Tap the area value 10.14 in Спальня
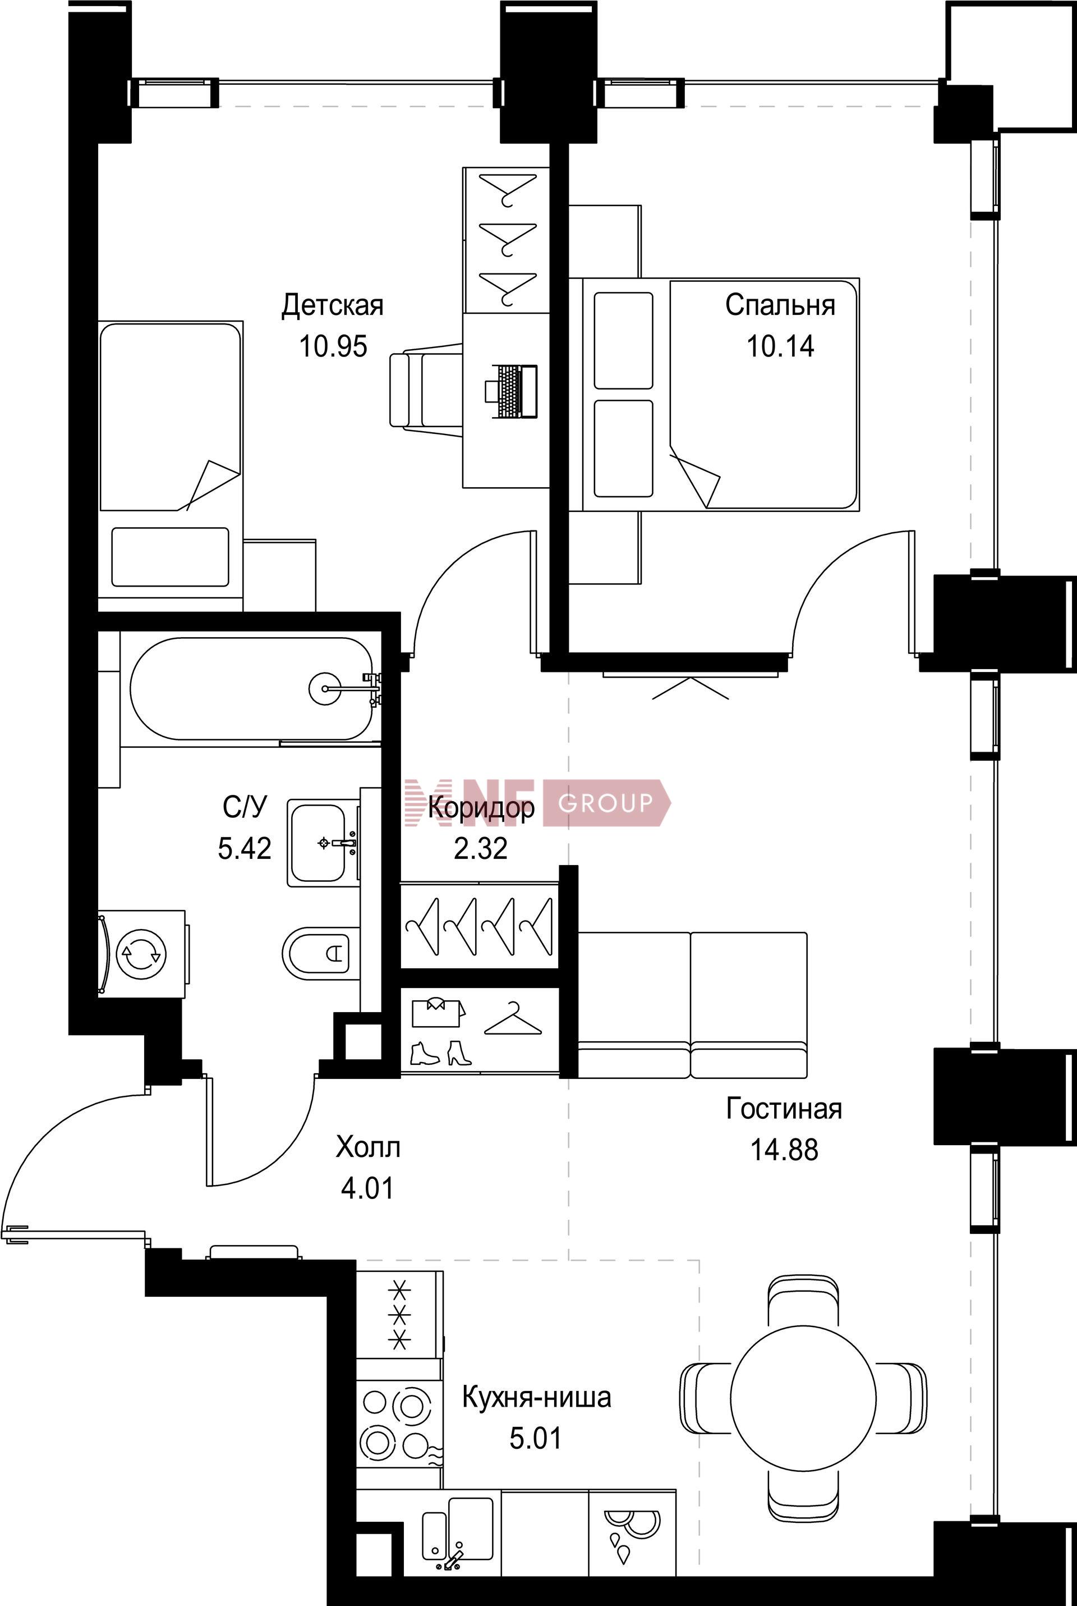pyautogui.click(x=780, y=346)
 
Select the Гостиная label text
pyautogui.click(x=784, y=1109)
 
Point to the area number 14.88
pyautogui.click(x=784, y=1150)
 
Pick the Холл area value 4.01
pyautogui.click(x=367, y=1188)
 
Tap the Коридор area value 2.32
pyautogui.click(x=481, y=849)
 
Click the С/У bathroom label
pyautogui.click(x=244, y=807)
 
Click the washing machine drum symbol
pyautogui.click(x=141, y=953)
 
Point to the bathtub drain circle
pyautogui.click(x=324, y=687)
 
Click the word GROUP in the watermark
pyautogui.click(x=606, y=803)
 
